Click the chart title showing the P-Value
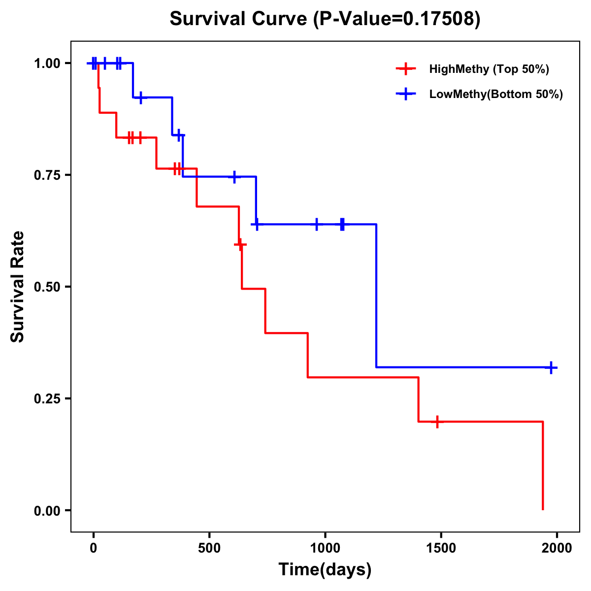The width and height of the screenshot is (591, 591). coord(325,19)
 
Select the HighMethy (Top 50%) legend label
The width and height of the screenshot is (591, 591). coord(489,69)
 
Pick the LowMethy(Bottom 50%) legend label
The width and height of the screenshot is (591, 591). coord(496,94)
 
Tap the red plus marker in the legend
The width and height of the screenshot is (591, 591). coord(405,69)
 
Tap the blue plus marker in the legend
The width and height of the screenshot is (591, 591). coord(405,94)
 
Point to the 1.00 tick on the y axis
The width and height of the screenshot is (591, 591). coord(47,64)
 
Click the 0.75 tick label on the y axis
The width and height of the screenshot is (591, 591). coord(47,175)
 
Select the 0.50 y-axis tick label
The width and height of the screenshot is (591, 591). coord(47,287)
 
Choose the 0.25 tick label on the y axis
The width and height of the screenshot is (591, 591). coord(47,398)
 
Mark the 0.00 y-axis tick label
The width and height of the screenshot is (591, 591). coord(47,511)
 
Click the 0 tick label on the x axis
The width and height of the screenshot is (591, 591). coord(93,548)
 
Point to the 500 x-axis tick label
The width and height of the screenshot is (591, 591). coord(209,548)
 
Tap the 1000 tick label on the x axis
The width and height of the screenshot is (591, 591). coord(325,548)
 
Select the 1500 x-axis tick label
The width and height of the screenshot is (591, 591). coord(441,548)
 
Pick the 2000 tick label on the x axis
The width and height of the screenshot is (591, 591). coord(557,548)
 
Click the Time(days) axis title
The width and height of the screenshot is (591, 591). coord(325,569)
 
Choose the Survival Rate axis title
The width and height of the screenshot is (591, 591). coord(18,287)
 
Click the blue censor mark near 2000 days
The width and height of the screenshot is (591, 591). coord(551,367)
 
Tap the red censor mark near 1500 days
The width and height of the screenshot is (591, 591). coord(437,422)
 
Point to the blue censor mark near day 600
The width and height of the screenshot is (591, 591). coord(234,176)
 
